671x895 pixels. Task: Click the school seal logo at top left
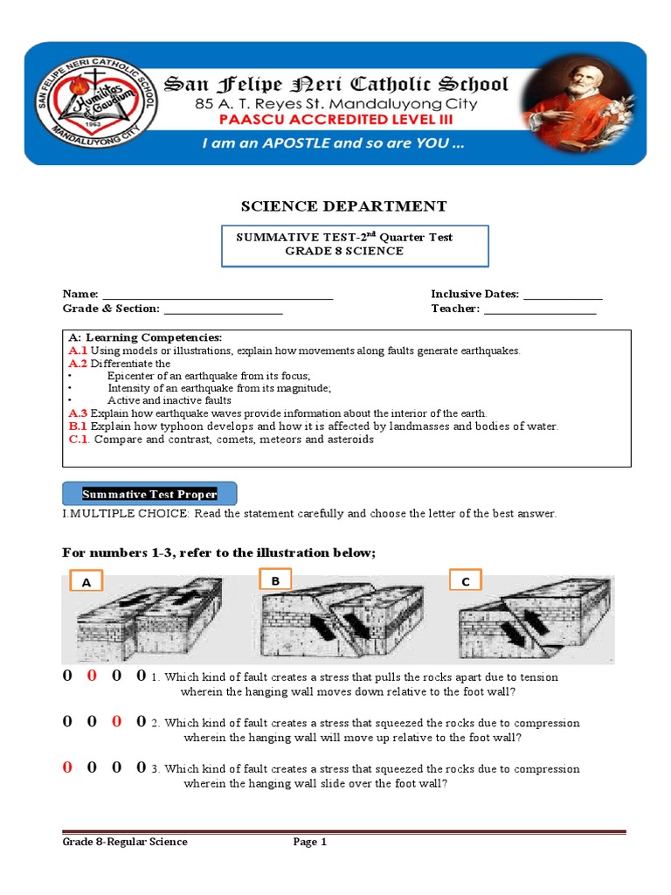[x=96, y=104]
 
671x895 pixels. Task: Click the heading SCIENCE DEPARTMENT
[x=343, y=206]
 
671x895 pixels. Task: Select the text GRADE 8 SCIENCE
[x=343, y=251]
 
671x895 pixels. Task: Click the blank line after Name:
[x=218, y=295]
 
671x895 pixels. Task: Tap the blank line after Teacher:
[x=539, y=309]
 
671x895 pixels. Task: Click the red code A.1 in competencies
[x=78, y=350]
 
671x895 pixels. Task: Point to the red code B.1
[x=78, y=427]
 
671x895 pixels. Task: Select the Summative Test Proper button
[x=149, y=494]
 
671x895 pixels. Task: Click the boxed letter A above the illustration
[x=86, y=582]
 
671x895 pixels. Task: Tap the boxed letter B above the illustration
[x=275, y=579]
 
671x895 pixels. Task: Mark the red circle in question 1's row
[x=92, y=676]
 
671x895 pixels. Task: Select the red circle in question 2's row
[x=116, y=722]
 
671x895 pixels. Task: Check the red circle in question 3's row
[x=66, y=768]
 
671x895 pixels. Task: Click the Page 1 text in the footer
[x=309, y=843]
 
